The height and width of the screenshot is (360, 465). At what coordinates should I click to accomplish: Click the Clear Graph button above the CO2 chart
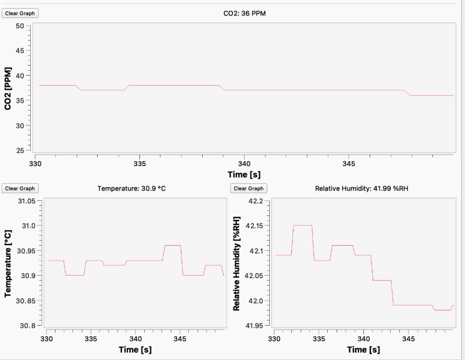20,13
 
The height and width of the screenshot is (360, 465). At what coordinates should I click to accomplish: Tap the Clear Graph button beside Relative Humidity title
249,188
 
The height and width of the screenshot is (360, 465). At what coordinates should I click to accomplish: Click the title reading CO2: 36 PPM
245,13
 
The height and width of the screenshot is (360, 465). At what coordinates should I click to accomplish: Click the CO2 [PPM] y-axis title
8,88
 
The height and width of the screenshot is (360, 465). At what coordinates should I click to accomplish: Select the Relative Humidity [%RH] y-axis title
236,263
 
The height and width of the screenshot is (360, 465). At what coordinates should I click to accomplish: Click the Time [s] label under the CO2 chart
244,175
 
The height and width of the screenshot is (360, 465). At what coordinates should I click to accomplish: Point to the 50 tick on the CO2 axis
20,26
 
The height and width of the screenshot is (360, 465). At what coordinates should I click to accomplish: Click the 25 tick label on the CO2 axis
20,151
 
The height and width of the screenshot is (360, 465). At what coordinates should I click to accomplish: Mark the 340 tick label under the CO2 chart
244,164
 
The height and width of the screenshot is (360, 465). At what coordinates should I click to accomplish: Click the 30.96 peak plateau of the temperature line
172,245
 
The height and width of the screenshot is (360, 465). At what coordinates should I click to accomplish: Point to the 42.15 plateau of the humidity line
302,225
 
